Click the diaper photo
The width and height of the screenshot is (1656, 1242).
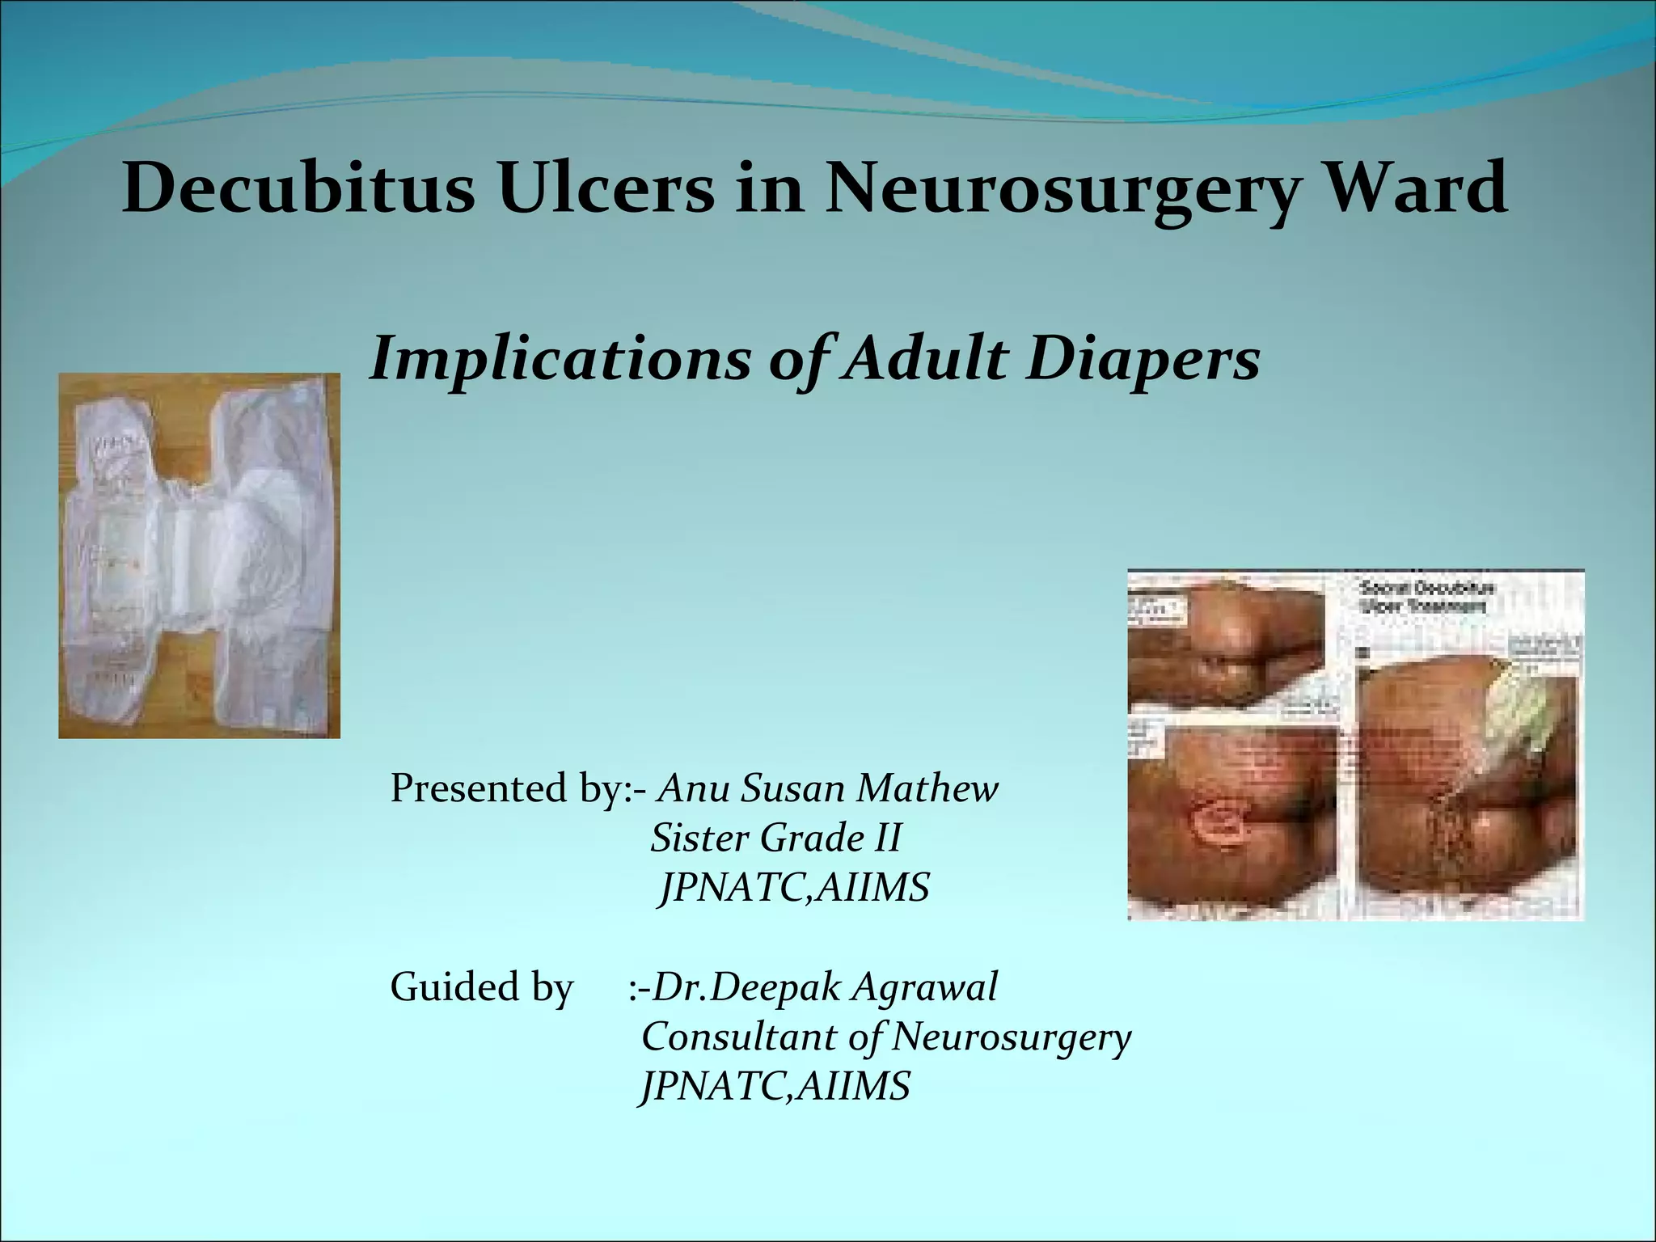point(199,556)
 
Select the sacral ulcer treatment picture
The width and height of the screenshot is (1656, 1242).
point(1355,745)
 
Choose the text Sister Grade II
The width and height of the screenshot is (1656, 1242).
point(775,838)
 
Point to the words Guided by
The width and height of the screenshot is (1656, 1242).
point(481,987)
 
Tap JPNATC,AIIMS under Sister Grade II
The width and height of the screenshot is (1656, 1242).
point(794,888)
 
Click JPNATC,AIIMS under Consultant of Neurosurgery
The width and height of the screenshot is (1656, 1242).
point(775,1086)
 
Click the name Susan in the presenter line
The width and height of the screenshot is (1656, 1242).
point(791,788)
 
